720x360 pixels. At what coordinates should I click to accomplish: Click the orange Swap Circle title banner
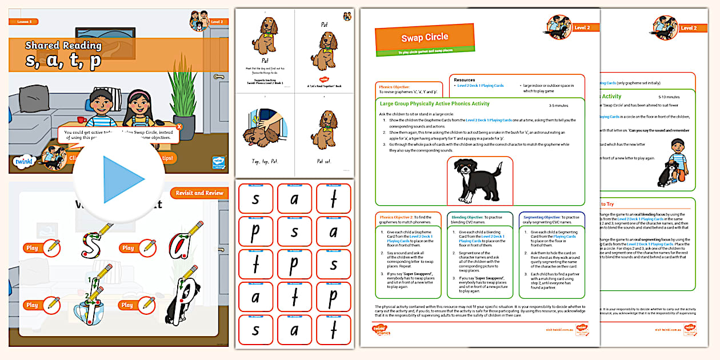click(x=425, y=37)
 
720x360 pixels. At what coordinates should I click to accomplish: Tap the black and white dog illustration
click(x=479, y=181)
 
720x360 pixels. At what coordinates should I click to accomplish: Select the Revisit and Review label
click(x=199, y=193)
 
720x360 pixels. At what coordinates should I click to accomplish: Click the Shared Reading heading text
click(x=63, y=46)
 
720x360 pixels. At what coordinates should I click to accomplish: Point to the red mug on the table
click(x=81, y=119)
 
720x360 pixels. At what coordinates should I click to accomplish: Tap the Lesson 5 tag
click(x=25, y=22)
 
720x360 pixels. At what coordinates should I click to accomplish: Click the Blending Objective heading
click(x=469, y=217)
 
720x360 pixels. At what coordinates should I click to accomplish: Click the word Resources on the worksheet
click(x=465, y=80)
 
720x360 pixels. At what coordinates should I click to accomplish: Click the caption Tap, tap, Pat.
click(x=265, y=162)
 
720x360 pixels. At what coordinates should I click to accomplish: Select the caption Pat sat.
click(x=323, y=162)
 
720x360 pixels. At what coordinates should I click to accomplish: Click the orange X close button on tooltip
click(x=179, y=127)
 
